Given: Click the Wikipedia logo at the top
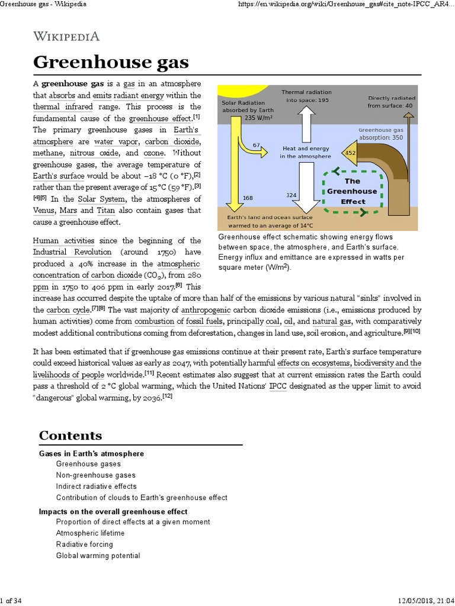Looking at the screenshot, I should (x=66, y=37).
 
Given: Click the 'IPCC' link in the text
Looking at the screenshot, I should (x=277, y=386).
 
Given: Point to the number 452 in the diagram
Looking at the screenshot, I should (x=350, y=153).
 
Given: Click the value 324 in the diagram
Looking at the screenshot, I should (x=291, y=195).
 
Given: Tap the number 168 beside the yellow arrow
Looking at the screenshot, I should (x=248, y=198).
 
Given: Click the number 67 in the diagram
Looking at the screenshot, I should (x=257, y=145).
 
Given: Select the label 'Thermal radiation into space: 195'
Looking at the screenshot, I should (x=306, y=96).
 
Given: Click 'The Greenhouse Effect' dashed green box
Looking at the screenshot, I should (x=352, y=191).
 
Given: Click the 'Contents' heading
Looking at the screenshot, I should (x=70, y=436).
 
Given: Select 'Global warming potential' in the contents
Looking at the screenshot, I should (x=98, y=556).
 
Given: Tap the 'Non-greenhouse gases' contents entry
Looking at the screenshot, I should (x=95, y=475).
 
